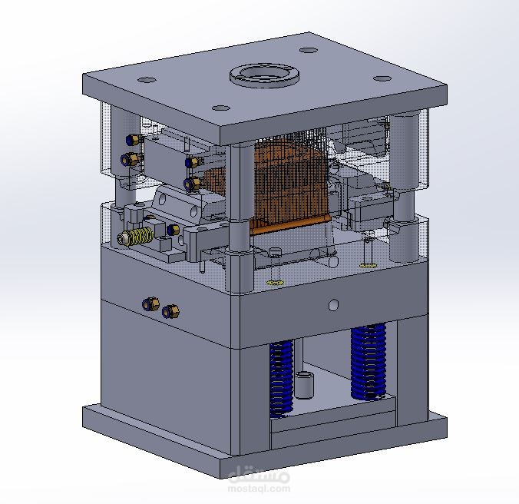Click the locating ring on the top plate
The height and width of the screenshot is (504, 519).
(265, 76)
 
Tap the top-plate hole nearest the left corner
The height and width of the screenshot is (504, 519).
(147, 80)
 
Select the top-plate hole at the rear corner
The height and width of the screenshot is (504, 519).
(309, 51)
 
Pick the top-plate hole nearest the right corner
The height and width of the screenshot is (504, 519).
(382, 78)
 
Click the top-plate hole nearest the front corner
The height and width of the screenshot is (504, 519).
(221, 108)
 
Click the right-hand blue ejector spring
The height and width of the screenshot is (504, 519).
(369, 362)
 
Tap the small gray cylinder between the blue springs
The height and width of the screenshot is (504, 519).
(304, 385)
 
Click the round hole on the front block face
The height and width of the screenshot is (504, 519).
(334, 305)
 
